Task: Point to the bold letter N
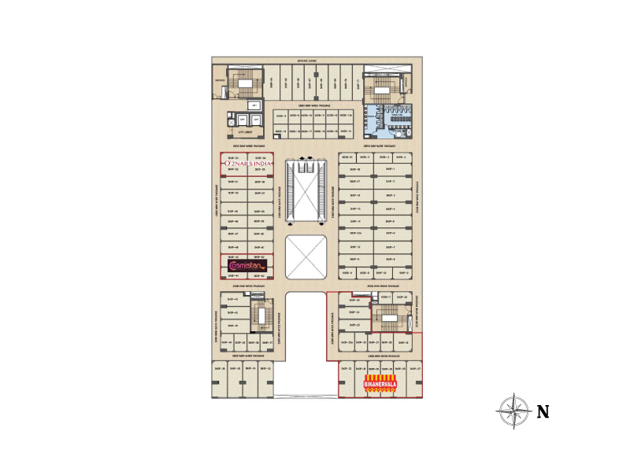(543, 411)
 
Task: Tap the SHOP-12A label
(354, 234)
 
